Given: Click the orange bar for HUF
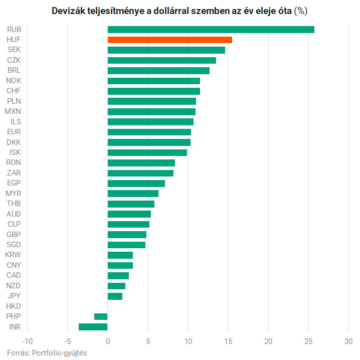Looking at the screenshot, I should point(169,40).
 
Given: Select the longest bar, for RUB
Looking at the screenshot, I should point(211,29).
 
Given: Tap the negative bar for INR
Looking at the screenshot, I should point(93,327).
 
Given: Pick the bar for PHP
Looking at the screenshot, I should point(101,316).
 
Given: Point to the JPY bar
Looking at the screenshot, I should point(115,296).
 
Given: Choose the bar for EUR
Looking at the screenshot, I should point(149,132).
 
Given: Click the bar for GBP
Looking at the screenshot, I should point(127,235).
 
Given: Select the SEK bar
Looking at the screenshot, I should point(166,50).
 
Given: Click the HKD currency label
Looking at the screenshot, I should point(14,306).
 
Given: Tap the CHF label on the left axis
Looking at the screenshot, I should point(14,91).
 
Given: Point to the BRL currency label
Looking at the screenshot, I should point(14,70).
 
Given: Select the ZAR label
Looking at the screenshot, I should point(14,173).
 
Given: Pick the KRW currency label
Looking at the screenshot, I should point(13,255).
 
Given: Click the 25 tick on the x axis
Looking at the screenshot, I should point(309,341).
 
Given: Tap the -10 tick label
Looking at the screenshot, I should point(27,341).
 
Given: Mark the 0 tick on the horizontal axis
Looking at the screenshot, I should point(108,341).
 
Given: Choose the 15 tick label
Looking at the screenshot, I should point(228,341).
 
